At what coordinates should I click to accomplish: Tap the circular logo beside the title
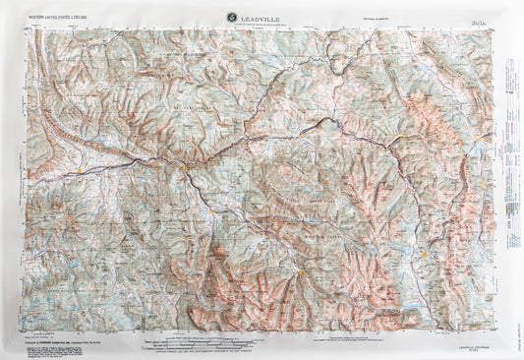coord(231,15)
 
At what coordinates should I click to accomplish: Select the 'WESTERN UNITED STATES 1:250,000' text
coord(64,16)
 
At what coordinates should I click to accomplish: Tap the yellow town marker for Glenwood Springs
coord(185,168)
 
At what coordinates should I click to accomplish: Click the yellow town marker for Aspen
coord(296,266)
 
